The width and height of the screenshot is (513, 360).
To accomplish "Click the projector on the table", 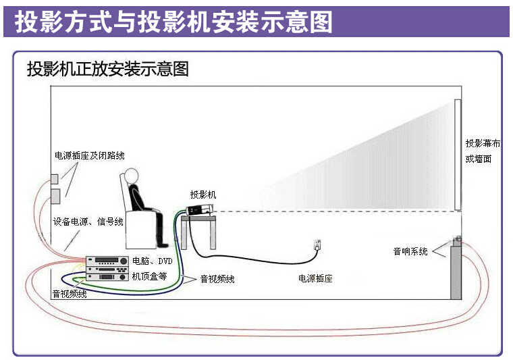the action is (199, 210).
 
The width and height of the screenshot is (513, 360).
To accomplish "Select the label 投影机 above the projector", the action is (203, 195).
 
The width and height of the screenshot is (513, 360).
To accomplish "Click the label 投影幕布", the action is (483, 143).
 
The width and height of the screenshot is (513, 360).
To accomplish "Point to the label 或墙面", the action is (479, 159).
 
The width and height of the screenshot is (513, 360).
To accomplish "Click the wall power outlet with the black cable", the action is (317, 245).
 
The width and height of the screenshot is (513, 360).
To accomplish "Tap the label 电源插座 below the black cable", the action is (315, 278).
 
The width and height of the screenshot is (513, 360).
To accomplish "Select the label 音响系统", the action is (410, 251).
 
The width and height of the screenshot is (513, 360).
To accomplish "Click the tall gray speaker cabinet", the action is (456, 272).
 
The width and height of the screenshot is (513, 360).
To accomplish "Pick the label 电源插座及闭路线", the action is (89, 155).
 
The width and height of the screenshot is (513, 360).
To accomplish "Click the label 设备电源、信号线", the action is (88, 222).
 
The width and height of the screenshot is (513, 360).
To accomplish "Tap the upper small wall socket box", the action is (54, 179).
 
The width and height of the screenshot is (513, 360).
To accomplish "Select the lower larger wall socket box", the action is (55, 196).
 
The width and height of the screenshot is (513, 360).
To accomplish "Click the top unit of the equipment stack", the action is (107, 261).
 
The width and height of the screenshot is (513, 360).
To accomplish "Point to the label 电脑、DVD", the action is (152, 261).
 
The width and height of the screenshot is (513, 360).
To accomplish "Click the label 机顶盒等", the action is (149, 276).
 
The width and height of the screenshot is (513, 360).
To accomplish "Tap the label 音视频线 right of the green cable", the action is (217, 279).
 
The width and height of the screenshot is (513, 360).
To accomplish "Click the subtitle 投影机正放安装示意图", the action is (107, 69).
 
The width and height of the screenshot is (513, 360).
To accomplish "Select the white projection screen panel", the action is (458, 155).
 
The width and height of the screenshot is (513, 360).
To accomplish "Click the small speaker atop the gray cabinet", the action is (457, 240).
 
